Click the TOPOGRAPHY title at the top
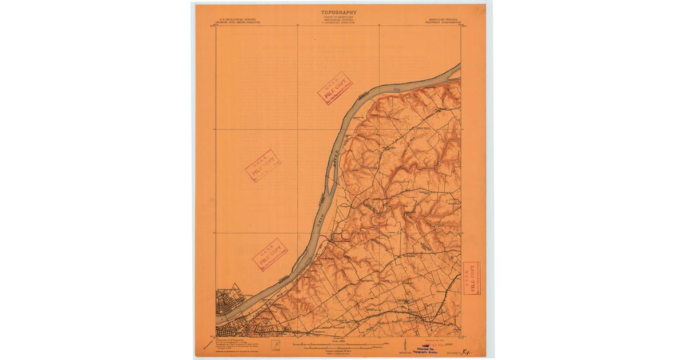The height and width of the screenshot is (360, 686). (x=338, y=12)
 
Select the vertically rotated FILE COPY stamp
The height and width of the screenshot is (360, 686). (x=472, y=278)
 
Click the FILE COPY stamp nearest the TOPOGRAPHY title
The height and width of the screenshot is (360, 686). (x=334, y=89)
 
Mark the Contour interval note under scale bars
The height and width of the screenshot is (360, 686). (x=337, y=351)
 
